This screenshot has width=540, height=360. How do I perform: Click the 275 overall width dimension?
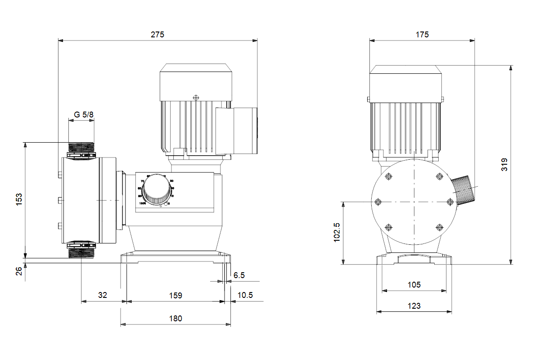(x=157, y=34)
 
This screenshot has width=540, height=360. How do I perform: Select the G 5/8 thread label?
(x=84, y=115)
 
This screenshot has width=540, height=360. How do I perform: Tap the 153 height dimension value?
(x=19, y=200)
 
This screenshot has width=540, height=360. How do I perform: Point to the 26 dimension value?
(x=19, y=271)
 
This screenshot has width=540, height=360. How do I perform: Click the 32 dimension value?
(x=103, y=295)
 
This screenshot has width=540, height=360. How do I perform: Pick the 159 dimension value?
(x=175, y=295)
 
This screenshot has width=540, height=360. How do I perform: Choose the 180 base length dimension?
(x=175, y=318)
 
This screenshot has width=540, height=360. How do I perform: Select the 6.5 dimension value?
(x=239, y=275)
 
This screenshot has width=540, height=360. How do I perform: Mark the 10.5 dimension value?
(x=245, y=295)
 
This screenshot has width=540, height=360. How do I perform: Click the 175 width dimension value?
(x=422, y=34)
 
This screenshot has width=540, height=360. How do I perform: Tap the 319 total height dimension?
(x=504, y=164)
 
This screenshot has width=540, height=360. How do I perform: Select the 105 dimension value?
(x=414, y=284)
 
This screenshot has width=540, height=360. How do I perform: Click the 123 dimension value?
(x=414, y=306)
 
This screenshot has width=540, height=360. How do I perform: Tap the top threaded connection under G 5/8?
(x=81, y=147)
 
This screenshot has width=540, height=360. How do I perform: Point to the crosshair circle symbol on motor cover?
(x=195, y=97)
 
